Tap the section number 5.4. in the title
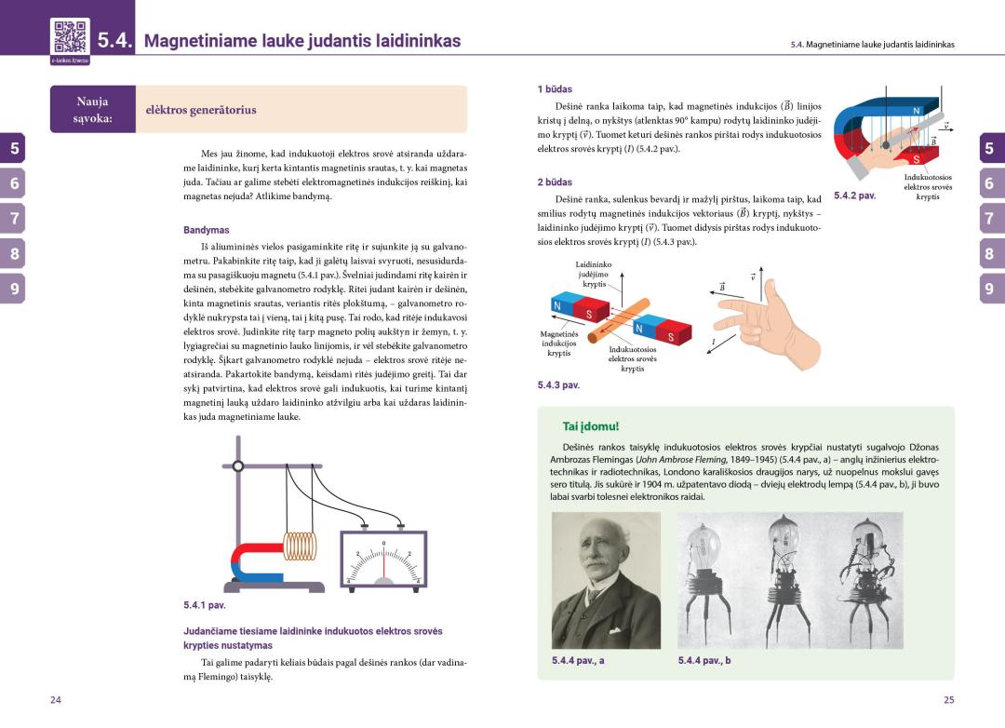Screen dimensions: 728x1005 (116, 42)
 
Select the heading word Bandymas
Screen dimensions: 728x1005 (206, 230)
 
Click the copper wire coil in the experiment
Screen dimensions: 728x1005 (300, 546)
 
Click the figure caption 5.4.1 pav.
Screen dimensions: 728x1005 (205, 605)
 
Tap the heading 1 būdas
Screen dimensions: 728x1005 (555, 89)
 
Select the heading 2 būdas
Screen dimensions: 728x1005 (555, 182)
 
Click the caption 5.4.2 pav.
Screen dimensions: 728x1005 (854, 196)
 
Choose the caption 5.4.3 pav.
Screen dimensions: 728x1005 (558, 384)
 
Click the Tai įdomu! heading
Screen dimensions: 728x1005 (590, 426)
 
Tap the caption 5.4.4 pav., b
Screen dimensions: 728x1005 (704, 661)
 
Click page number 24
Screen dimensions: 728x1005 (56, 700)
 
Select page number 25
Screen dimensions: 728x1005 (948, 700)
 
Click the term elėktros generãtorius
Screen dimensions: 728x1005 (201, 110)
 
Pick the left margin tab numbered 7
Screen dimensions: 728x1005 (14, 219)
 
